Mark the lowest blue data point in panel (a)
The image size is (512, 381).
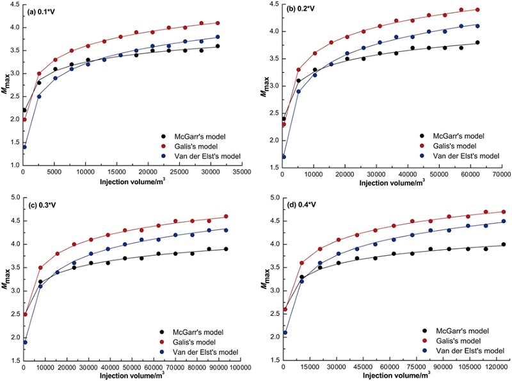24,146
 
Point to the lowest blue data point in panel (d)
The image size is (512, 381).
284,332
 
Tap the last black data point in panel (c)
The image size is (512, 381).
226,249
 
